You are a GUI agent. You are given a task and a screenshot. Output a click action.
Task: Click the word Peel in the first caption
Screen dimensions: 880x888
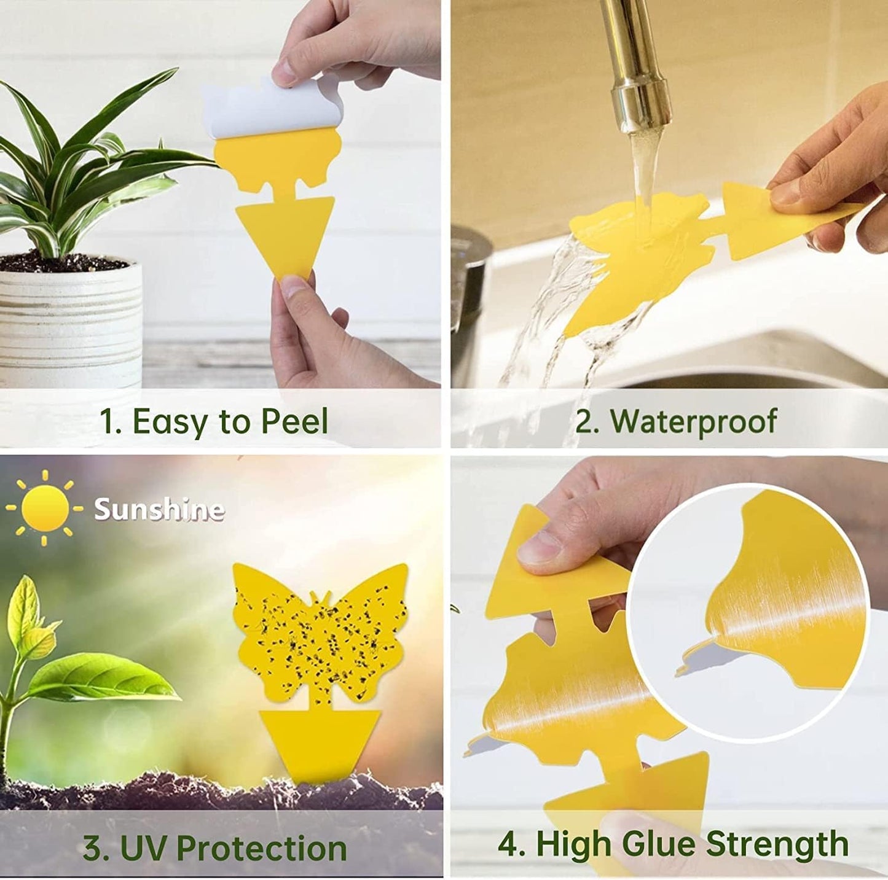pyautogui.click(x=294, y=422)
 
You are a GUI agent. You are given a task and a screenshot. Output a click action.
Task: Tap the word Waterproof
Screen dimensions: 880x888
pyautogui.click(x=693, y=421)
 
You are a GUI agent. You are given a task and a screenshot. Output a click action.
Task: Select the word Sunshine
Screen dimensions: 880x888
pyautogui.click(x=159, y=509)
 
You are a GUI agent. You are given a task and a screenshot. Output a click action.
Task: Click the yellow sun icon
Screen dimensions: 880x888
pyautogui.click(x=44, y=508)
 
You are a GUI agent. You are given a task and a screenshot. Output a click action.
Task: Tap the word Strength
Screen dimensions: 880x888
pyautogui.click(x=777, y=843)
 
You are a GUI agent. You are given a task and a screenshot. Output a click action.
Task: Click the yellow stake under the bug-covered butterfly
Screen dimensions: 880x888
pyautogui.click(x=320, y=740)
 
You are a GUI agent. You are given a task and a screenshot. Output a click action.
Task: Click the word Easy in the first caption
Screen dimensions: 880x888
pyautogui.click(x=169, y=422)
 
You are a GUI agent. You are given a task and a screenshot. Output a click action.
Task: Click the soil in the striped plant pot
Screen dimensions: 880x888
pyautogui.click(x=61, y=263)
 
